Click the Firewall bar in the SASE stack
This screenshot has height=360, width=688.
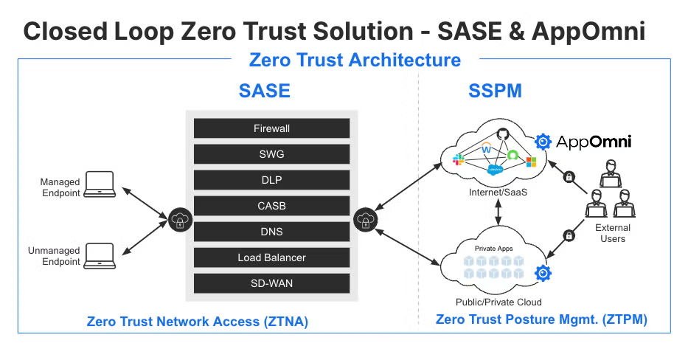(x=271, y=128)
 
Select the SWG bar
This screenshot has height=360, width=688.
(x=271, y=154)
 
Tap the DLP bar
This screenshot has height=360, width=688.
(x=271, y=180)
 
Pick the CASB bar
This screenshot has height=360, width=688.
(x=271, y=206)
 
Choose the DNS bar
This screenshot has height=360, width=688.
(x=271, y=232)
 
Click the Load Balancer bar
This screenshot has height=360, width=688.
(x=271, y=257)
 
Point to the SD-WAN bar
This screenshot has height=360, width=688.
(x=271, y=283)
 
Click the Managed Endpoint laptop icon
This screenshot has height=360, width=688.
(x=99, y=184)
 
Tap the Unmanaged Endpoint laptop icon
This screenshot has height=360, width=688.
(x=99, y=255)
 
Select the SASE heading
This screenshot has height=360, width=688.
(x=264, y=91)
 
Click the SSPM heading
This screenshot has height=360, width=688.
(x=495, y=91)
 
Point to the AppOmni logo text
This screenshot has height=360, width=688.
(x=594, y=142)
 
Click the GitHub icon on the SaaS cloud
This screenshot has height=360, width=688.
(x=504, y=134)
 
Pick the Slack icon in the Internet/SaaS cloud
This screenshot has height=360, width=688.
(x=458, y=159)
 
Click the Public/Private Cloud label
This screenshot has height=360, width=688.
(x=498, y=302)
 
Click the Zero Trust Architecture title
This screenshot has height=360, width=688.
(x=355, y=60)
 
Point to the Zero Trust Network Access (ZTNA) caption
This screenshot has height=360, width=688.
(x=197, y=322)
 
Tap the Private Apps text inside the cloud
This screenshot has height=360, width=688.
(x=493, y=249)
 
